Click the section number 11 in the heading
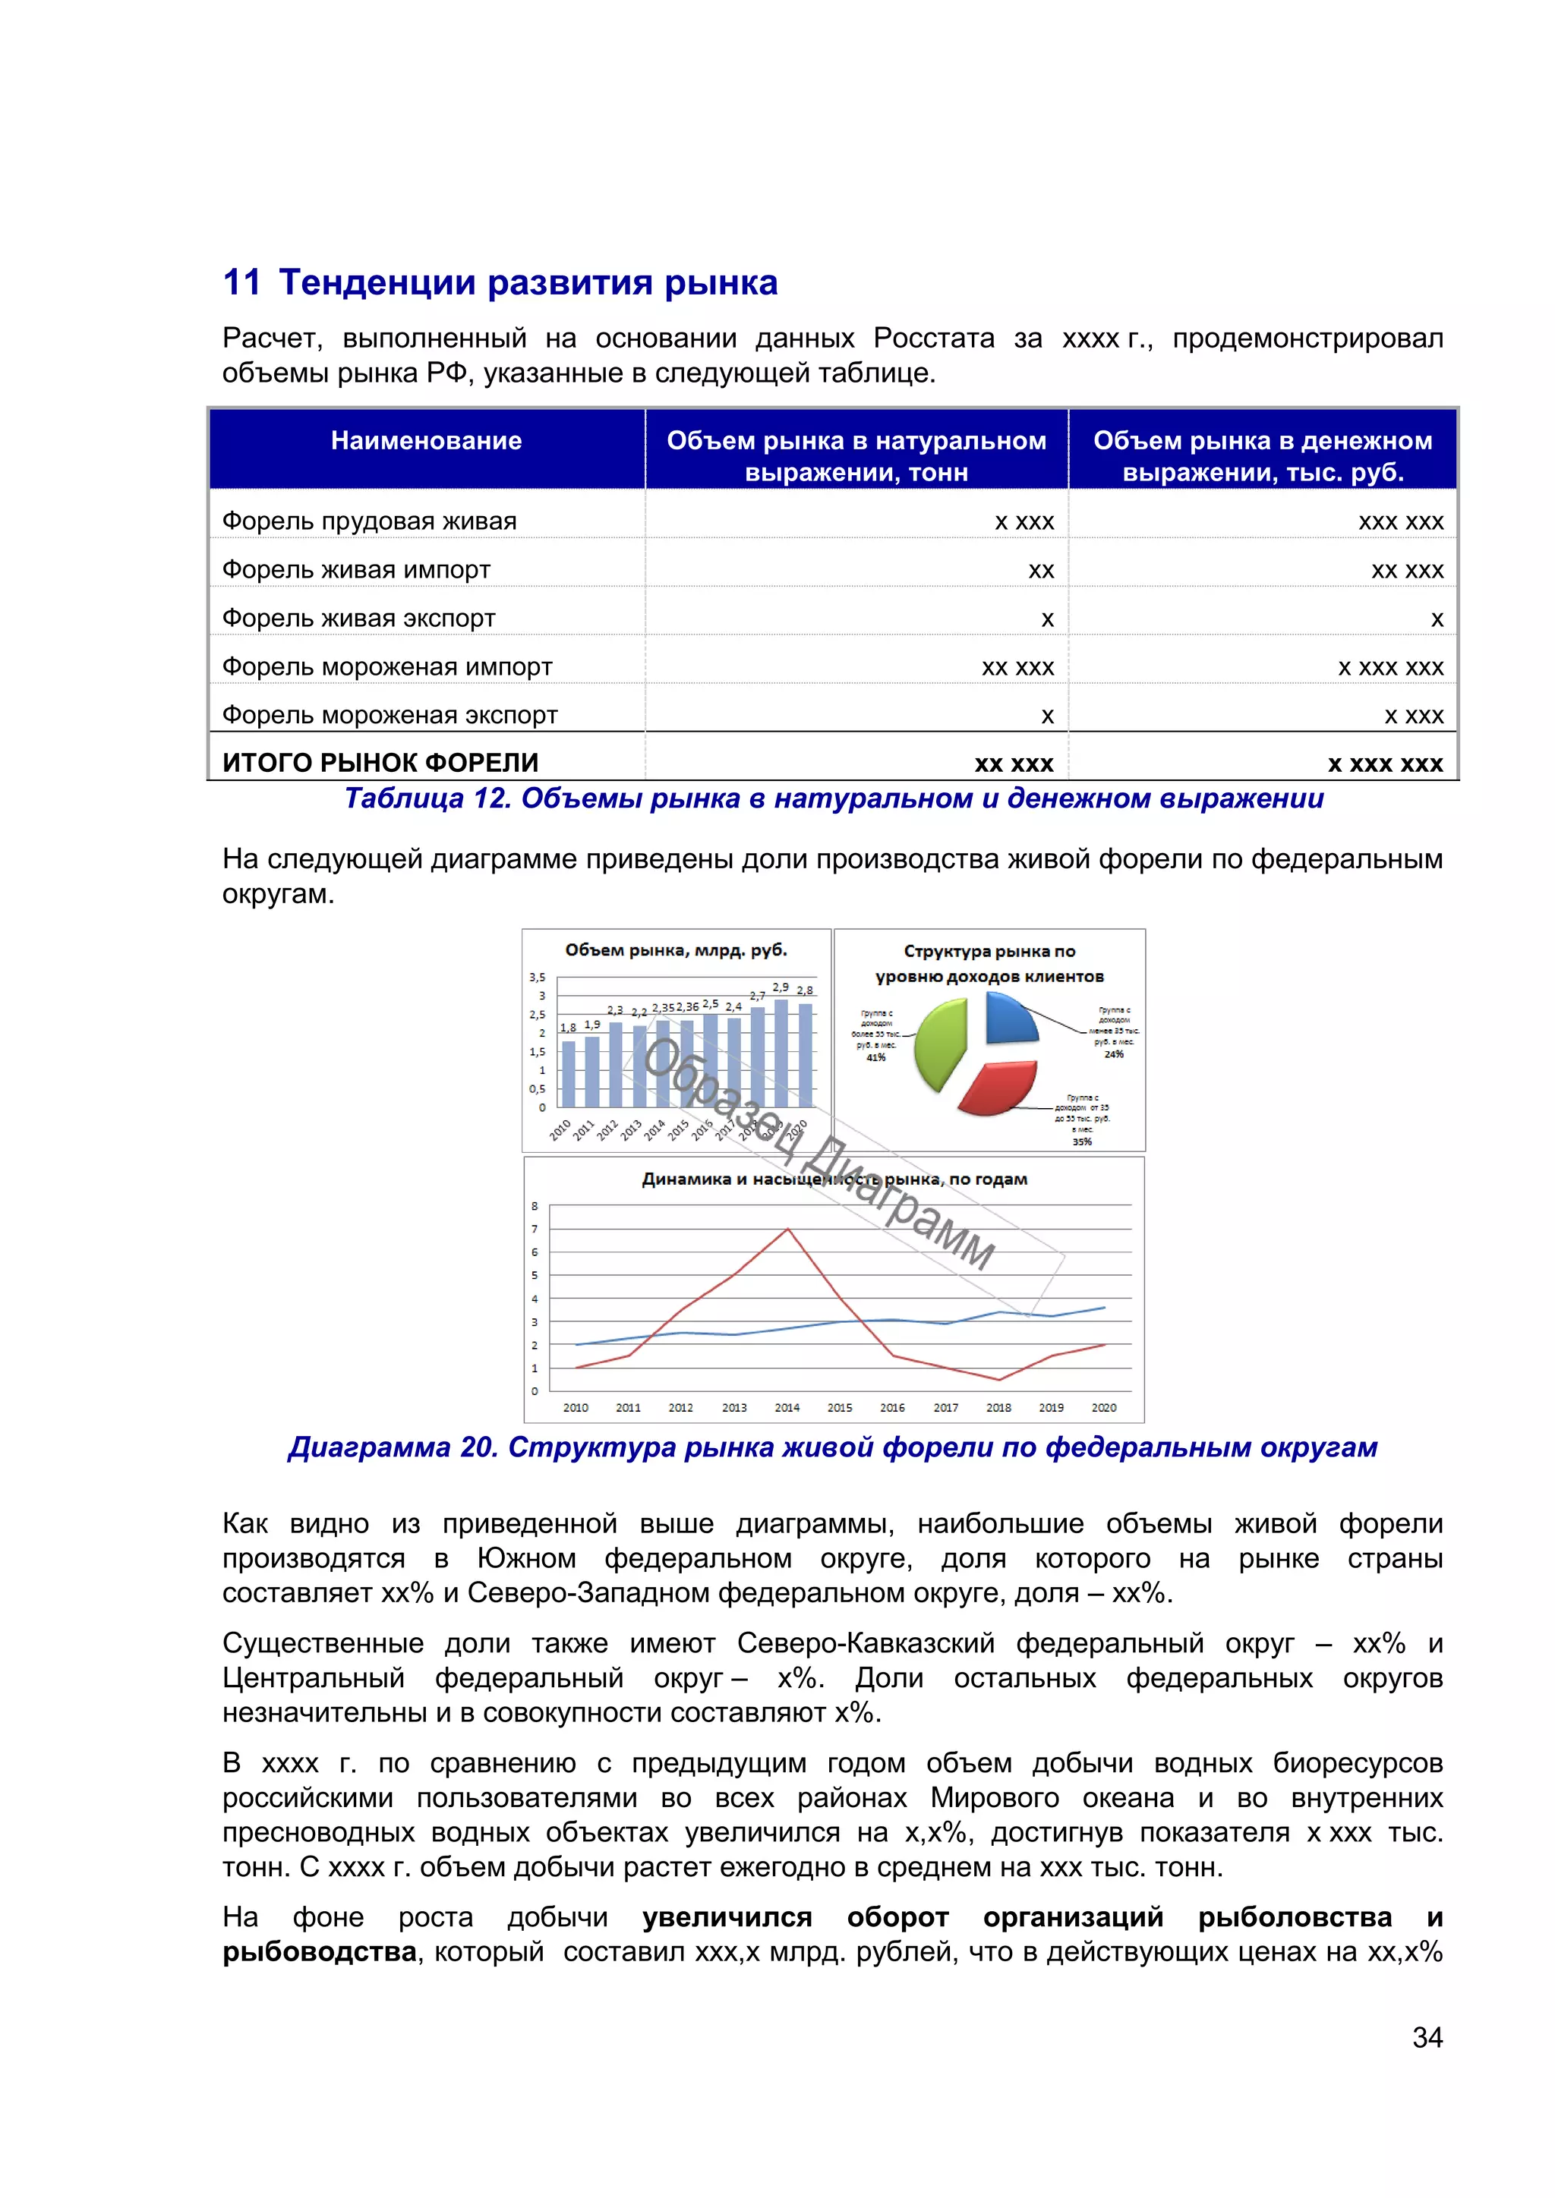[x=241, y=283]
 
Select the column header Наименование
[x=426, y=441]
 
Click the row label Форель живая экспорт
[x=359, y=619]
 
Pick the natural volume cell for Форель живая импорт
[x=1040, y=571]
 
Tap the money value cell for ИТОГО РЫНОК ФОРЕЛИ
[x=1385, y=764]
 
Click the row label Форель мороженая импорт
[x=386, y=667]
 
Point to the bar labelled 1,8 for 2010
[x=569, y=1073]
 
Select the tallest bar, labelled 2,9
[x=781, y=1052]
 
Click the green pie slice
[x=938, y=1044]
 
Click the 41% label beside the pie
[x=875, y=1058]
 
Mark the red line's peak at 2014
[x=787, y=1230]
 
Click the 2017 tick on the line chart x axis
[x=945, y=1407]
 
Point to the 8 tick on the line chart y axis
[x=535, y=1206]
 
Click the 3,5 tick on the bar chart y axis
[x=536, y=978]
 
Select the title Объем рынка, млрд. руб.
[x=675, y=949]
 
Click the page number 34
[x=1427, y=2037]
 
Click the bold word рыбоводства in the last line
[x=320, y=1952]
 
